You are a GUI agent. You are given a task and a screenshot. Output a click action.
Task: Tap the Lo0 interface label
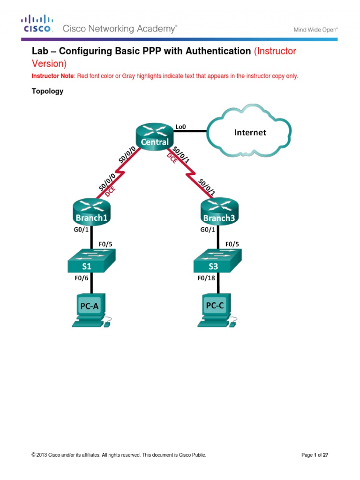pyautogui.click(x=180, y=126)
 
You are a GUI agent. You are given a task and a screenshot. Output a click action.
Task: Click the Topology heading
pyautogui.click(x=47, y=91)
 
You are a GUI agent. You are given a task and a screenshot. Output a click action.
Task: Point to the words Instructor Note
pyautogui.click(x=49, y=76)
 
